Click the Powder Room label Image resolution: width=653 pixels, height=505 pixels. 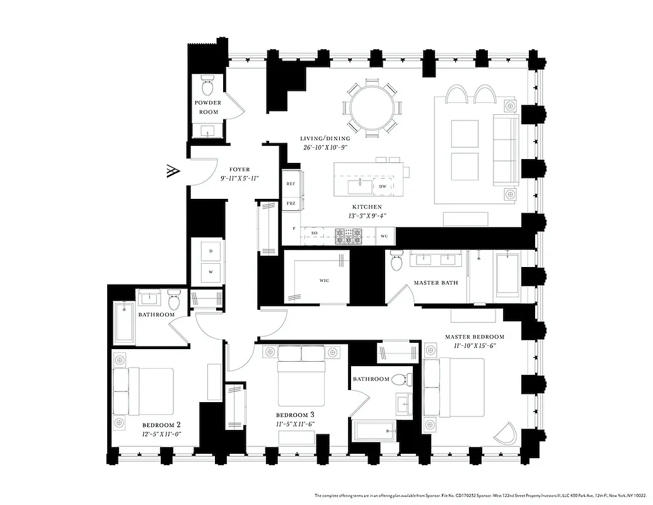tap(207, 107)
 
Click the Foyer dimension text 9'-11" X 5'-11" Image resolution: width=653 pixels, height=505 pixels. tap(240, 179)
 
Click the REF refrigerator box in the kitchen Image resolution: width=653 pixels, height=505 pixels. tap(291, 184)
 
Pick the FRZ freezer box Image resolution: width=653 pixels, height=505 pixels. tap(291, 204)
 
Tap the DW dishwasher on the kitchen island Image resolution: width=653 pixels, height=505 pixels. tap(382, 187)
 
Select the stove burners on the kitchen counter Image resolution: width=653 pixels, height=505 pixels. tap(348, 236)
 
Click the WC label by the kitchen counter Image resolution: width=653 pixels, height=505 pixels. tap(384, 237)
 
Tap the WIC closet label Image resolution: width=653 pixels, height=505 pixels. tap(324, 280)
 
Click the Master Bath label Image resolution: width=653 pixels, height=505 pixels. tap(436, 282)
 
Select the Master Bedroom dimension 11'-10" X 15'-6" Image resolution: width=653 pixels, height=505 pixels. tap(475, 346)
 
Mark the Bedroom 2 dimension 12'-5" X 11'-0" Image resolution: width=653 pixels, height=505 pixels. tap(161, 434)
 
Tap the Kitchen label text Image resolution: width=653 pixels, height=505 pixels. tap(366, 206)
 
